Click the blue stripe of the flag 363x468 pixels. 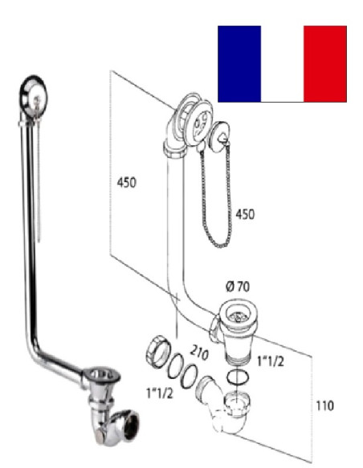pos(239,63)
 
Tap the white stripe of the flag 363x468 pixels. pos(282,63)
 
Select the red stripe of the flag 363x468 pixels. pos(325,63)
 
